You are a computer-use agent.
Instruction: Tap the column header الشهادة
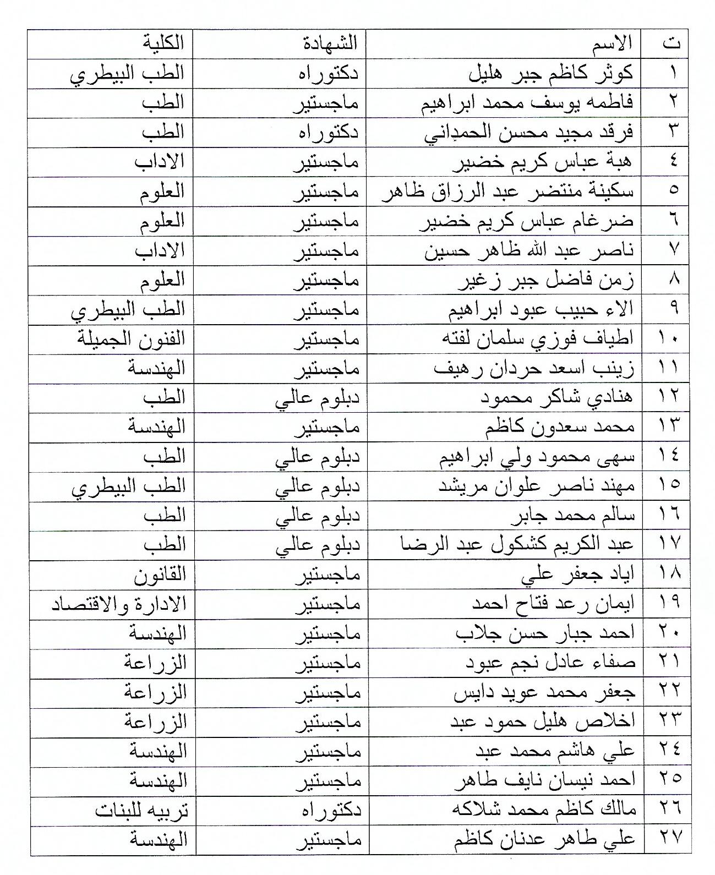pyautogui.click(x=330, y=43)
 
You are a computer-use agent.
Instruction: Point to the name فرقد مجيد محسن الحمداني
pyautogui.click(x=529, y=133)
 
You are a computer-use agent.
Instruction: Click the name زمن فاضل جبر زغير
pyautogui.click(x=547, y=280)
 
